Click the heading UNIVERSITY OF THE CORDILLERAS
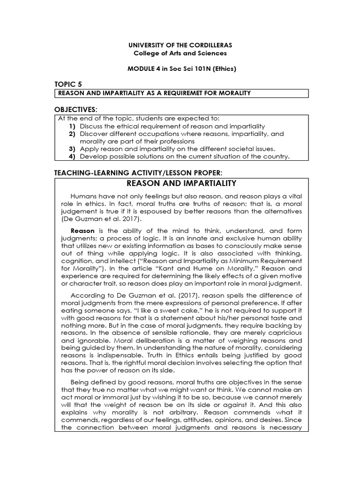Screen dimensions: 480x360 pyautogui.click(x=180, y=45)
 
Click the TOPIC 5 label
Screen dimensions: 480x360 pyautogui.click(x=68, y=84)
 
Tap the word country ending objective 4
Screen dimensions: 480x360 pyautogui.click(x=277, y=156)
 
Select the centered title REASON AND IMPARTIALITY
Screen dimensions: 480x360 pyautogui.click(x=181, y=183)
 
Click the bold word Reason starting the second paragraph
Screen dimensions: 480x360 pyautogui.click(x=82, y=231)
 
